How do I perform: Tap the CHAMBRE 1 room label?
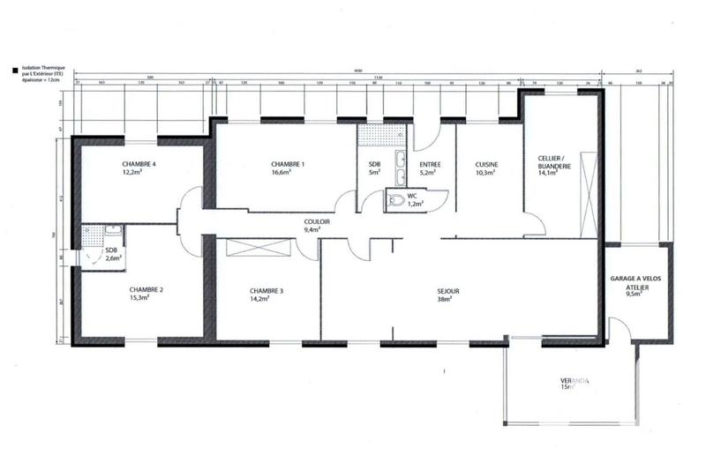coord(288,165)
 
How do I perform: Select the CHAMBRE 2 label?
coord(146,289)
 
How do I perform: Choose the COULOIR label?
coord(317,221)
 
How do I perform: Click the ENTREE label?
coord(431,165)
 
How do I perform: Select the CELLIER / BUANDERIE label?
coord(555,165)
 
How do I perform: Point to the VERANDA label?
coord(575,382)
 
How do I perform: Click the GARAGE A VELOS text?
coord(641,278)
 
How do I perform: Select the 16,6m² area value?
coord(288,174)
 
